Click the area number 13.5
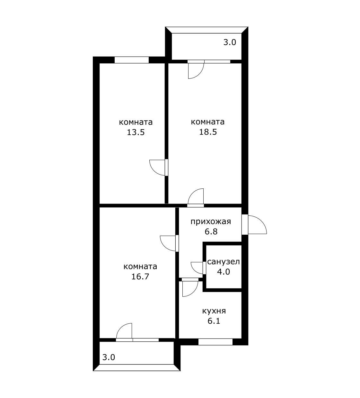(x=136, y=132)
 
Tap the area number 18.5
(x=208, y=132)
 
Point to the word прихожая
(x=211, y=222)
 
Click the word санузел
(x=224, y=262)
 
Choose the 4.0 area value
(x=224, y=272)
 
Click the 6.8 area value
(x=211, y=231)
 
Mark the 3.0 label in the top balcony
(x=230, y=42)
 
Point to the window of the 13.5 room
(x=131, y=60)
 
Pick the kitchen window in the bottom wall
(x=215, y=342)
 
